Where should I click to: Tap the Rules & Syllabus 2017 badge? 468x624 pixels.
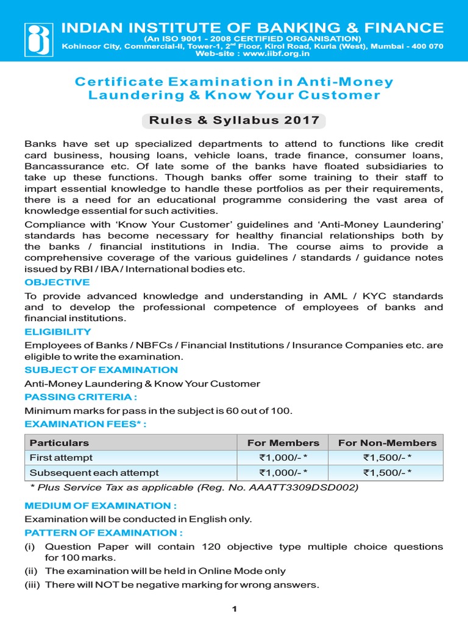pos(234,120)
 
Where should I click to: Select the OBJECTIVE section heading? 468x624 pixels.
pos(57,282)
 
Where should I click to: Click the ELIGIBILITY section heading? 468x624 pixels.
pos(58,331)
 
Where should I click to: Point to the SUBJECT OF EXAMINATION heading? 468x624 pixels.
pos(101,370)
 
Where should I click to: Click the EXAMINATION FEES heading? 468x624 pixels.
pos(86,424)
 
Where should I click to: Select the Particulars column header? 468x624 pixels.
pos(59,442)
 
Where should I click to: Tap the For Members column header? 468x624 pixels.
pos(283,442)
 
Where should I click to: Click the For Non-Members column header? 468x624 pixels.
pos(387,442)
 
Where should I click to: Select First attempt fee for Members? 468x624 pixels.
pos(283,458)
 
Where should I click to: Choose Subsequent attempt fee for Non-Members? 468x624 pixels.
pos(387,472)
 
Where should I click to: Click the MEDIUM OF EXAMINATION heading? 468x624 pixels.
pos(101,505)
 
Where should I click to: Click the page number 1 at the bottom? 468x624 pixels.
pos(234,609)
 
